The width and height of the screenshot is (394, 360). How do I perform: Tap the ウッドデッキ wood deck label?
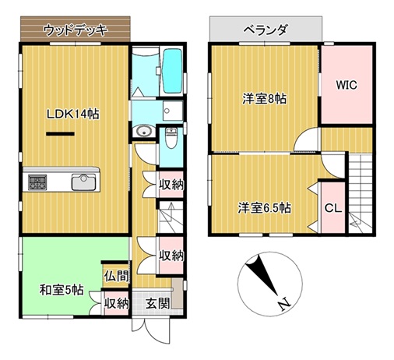75,30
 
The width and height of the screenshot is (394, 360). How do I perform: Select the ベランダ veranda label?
265,30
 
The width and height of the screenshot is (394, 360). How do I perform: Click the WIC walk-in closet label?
346,85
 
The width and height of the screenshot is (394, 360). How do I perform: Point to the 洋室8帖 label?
264,99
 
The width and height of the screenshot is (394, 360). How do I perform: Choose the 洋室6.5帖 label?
264,208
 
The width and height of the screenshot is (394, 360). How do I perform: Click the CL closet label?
332,208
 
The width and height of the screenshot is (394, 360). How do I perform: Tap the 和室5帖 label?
62,291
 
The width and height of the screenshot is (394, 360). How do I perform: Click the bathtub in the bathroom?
172,69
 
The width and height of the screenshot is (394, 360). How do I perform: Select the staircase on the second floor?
362,191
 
